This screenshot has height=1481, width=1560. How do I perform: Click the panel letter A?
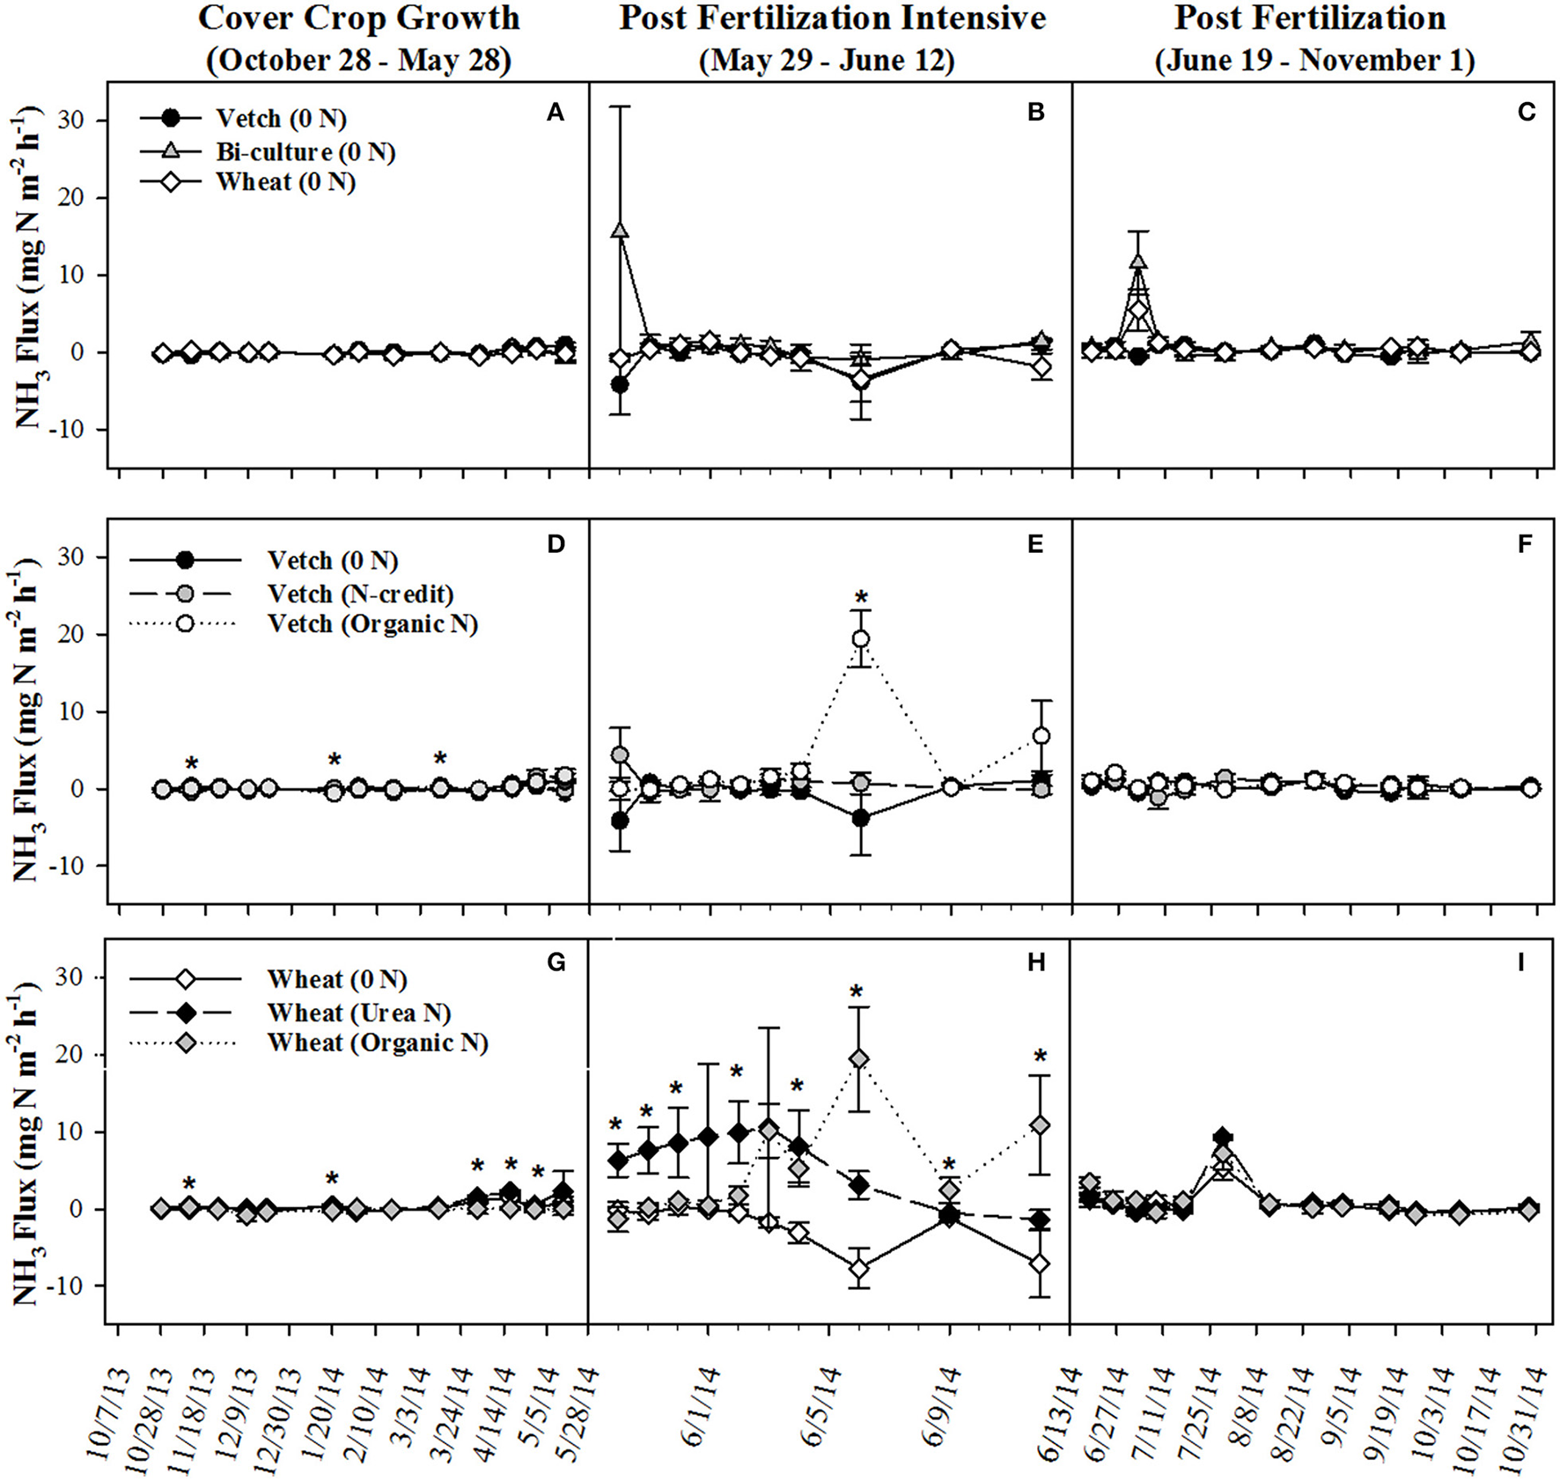[x=555, y=112]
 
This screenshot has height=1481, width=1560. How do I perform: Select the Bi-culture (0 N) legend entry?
[x=305, y=151]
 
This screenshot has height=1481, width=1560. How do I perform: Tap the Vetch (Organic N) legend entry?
[x=372, y=623]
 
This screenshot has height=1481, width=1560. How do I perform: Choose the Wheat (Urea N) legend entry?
[x=359, y=1013]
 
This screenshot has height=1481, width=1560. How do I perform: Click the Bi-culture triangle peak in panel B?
[x=620, y=230]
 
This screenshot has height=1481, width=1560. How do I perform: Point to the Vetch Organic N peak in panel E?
[x=861, y=638]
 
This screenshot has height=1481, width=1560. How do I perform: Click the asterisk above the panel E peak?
[x=861, y=598]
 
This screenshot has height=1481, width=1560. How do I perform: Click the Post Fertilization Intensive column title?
[x=832, y=18]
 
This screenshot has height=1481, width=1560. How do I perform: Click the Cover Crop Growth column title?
[x=358, y=18]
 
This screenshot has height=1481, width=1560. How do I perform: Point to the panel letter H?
[x=1036, y=962]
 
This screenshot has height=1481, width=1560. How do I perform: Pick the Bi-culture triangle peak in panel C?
[x=1138, y=262]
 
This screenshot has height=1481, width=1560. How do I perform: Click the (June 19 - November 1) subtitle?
[x=1314, y=60]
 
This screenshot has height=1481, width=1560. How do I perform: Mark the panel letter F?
[x=1526, y=544]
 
